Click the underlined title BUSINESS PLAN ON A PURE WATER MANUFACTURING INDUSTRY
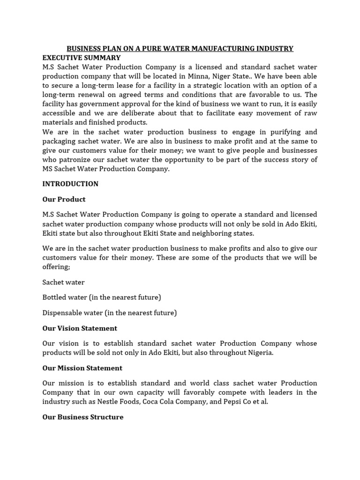pos(180,48)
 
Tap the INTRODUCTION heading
pos(70,184)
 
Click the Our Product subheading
pos(64,199)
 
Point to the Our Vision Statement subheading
pos(80,328)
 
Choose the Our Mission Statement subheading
pos(82,368)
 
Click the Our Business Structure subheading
pos(83,417)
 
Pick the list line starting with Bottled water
pos(102,297)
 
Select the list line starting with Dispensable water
pos(110,313)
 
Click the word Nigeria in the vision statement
pos(257,352)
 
